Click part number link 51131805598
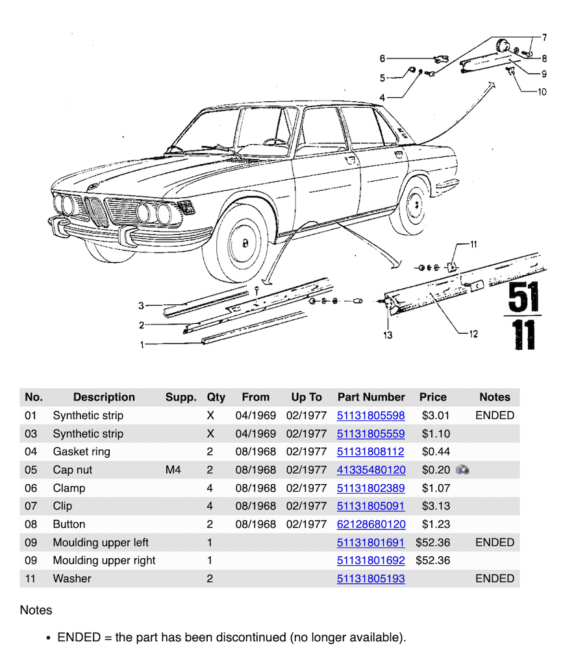point(371,415)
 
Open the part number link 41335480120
point(371,470)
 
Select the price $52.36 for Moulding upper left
point(433,543)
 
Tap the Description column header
point(104,397)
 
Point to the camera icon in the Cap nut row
point(462,470)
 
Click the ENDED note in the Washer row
point(495,579)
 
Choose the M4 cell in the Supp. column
point(173,470)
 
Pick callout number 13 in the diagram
point(388,335)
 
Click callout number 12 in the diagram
point(473,334)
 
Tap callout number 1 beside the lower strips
point(142,345)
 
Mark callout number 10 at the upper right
point(542,92)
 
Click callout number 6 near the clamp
point(383,59)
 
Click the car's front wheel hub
point(245,244)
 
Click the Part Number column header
point(371,397)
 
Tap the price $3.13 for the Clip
point(432,506)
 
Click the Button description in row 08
point(69,524)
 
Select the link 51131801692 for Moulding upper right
point(371,561)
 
